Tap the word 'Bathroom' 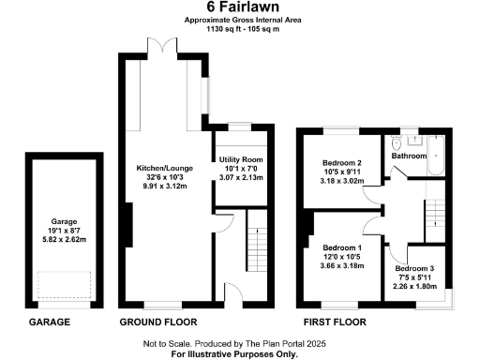(x=410, y=156)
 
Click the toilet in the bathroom (x=397, y=143)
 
